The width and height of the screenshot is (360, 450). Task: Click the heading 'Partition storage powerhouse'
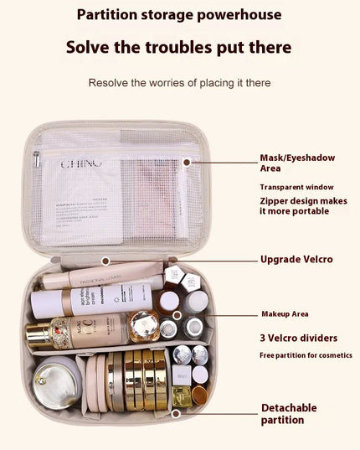(179, 14)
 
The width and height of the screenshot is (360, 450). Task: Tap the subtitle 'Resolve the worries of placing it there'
(179, 83)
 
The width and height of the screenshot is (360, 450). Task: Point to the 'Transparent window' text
(296, 187)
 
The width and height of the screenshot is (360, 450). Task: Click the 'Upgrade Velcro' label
(296, 259)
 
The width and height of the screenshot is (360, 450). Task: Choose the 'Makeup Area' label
(285, 313)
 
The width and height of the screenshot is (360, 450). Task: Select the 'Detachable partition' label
(289, 413)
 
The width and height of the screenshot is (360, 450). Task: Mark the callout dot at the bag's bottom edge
(176, 413)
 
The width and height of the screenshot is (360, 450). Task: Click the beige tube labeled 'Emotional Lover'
(100, 274)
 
